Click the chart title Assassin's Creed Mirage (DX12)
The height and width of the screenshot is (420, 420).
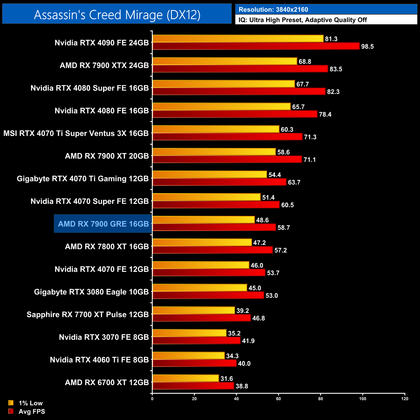coord(117,15)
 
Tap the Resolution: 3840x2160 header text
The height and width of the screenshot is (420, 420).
coord(273,10)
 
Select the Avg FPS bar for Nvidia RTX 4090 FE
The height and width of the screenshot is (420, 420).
coord(256,46)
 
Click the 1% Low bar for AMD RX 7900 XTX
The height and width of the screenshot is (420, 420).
coord(225,61)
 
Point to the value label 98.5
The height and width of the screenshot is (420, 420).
coord(367,47)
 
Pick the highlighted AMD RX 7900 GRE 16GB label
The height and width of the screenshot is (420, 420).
coord(103,224)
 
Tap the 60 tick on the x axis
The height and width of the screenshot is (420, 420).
coord(278,399)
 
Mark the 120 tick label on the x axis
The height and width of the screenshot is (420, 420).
coord(405,399)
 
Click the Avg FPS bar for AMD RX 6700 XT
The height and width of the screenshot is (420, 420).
coord(193,386)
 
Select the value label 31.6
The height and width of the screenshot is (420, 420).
coord(226,379)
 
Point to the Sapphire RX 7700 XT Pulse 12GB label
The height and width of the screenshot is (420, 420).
coord(88,315)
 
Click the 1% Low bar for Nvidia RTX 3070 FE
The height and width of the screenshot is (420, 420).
coord(189,333)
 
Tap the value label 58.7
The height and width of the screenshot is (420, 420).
coord(284,228)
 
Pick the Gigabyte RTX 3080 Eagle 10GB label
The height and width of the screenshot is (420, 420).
coord(91,292)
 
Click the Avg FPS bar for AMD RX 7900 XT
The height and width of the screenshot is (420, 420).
coord(227,160)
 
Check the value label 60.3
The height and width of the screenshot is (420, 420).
coord(287,130)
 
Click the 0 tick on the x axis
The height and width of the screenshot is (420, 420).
coord(152,399)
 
